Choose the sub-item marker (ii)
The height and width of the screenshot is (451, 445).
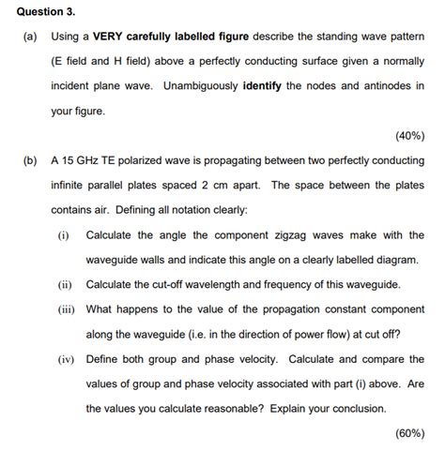tap(65, 284)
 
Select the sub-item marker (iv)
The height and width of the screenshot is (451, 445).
tap(66, 359)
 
